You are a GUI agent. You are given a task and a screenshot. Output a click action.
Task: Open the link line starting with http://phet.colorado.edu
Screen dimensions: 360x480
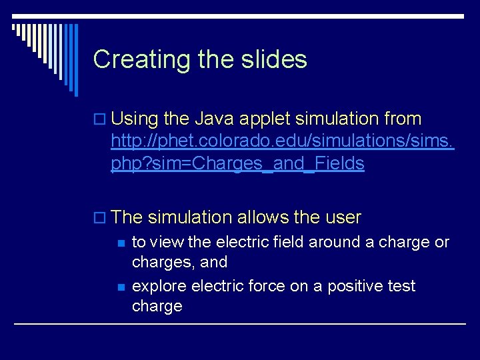tap(283, 141)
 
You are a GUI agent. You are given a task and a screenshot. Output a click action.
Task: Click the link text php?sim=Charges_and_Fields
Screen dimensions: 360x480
tap(237, 164)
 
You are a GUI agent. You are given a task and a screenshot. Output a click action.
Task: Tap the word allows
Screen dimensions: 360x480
tap(261, 217)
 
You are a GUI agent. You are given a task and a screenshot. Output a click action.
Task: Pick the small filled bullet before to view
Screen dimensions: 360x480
tap(121, 243)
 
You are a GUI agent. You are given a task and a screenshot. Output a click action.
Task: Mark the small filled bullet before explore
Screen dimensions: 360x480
tap(121, 287)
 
